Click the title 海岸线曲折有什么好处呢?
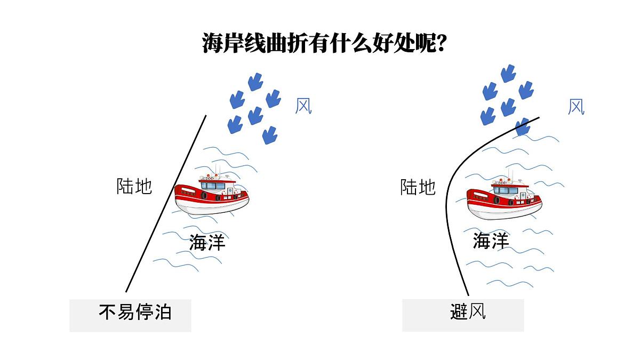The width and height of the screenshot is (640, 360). coord(324,43)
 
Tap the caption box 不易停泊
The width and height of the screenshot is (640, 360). coord(130,315)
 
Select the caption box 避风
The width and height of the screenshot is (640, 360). coord(463,315)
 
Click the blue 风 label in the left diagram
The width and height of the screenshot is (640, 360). coord(303,106)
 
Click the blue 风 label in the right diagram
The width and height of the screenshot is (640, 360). coord(576,107)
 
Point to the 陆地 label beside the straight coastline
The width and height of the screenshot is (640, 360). coord(134,186)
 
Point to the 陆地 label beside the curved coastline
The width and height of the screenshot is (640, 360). coord(418,187)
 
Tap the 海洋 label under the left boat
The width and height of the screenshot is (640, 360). coord(207,242)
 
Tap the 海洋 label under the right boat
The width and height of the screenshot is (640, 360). coord(491,241)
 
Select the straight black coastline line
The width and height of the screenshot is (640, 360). coord(166,203)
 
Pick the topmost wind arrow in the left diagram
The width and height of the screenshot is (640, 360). coord(255,82)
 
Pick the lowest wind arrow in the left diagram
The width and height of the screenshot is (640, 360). coord(270,135)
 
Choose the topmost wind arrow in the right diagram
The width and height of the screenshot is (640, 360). coord(508,74)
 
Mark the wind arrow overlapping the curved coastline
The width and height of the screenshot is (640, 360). coord(523,126)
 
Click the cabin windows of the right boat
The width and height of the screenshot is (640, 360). coord(506,190)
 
